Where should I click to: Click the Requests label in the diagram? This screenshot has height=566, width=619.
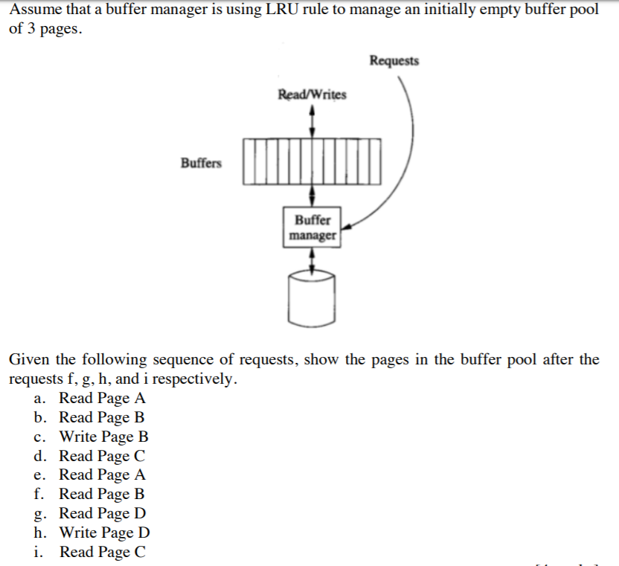pyautogui.click(x=394, y=61)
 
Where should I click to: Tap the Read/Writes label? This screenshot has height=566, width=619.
pyautogui.click(x=312, y=94)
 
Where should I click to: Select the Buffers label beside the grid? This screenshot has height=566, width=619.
pyautogui.click(x=201, y=162)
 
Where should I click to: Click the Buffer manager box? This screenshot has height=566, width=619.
pyautogui.click(x=312, y=228)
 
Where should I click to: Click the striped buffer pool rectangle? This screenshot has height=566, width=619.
pyautogui.click(x=312, y=160)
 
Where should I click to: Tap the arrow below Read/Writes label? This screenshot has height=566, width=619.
pyautogui.click(x=312, y=120)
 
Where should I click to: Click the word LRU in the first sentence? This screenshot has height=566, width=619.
pyautogui.click(x=272, y=14)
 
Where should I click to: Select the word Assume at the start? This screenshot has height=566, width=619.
pyautogui.click(x=36, y=14)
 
